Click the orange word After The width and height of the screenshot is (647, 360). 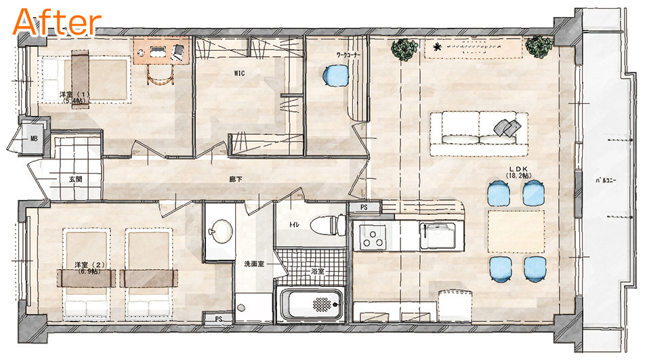click(x=57, y=22)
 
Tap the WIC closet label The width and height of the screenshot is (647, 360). click(x=239, y=73)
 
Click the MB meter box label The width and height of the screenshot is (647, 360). click(x=34, y=139)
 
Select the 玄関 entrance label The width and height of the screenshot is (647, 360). click(x=75, y=179)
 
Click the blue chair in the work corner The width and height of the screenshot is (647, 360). click(x=336, y=76)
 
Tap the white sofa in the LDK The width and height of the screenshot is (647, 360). click(x=479, y=134)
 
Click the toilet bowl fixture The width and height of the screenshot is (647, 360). click(x=328, y=225)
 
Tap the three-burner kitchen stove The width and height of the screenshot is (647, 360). click(x=373, y=238)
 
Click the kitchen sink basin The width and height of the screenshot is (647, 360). click(x=438, y=236)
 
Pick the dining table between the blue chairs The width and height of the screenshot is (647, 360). click(x=516, y=231)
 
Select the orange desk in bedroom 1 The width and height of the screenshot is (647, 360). click(x=162, y=50)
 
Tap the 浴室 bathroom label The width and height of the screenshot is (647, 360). click(x=317, y=271)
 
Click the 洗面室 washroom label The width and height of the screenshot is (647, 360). click(x=254, y=264)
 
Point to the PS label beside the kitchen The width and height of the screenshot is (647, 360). click(x=364, y=207)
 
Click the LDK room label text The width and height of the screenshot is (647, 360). click(x=519, y=169)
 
